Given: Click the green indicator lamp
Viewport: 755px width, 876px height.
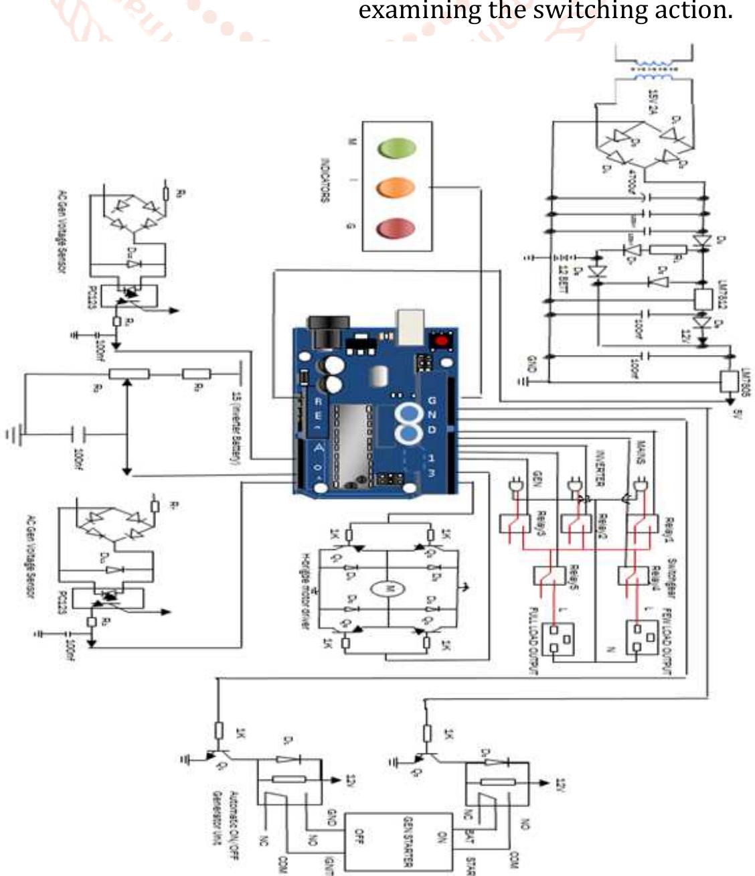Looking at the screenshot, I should [x=396, y=147].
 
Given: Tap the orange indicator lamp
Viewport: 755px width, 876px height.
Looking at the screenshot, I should [x=396, y=188].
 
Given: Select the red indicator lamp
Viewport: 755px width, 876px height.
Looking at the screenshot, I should [x=396, y=228].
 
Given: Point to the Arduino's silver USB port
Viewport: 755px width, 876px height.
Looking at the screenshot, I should [x=410, y=327].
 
